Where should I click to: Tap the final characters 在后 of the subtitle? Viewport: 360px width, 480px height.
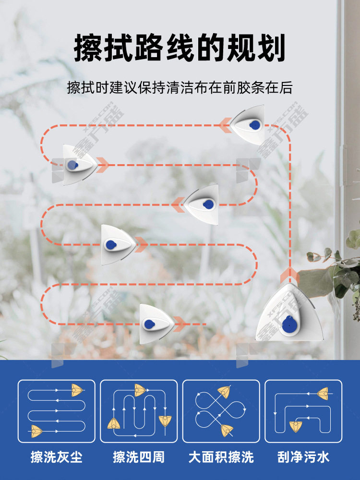pos(278,87)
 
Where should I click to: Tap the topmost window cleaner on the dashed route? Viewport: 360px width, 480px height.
pos(249,125)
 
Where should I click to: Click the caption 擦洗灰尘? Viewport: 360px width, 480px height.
pos(57,457)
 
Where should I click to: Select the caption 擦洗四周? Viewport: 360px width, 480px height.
pos(139,457)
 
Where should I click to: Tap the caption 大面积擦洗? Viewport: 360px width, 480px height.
pos(221,457)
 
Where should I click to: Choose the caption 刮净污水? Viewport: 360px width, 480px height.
pos(303,457)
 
